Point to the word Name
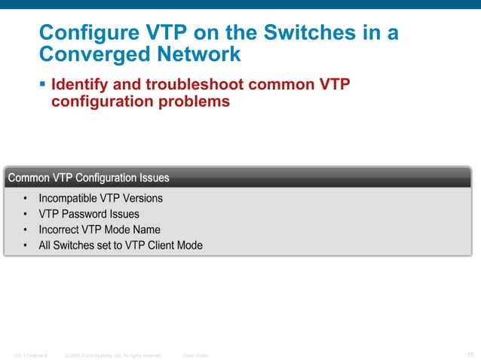(x=146, y=230)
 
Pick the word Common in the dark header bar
(x=28, y=178)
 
